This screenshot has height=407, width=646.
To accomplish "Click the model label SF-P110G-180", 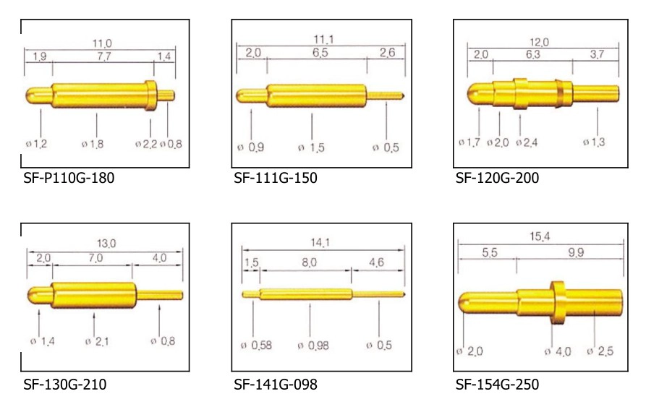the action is pos(69,178).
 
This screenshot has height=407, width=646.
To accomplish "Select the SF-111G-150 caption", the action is pos(276,178).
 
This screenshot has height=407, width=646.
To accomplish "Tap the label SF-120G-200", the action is pos(497,178).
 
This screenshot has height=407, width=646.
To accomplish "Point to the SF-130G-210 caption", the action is pos(65,385).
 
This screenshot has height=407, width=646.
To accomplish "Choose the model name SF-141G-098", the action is pos(276,385).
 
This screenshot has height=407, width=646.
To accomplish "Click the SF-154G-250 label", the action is pos(497,385).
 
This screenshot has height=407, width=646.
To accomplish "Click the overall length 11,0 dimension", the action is pos(102,43).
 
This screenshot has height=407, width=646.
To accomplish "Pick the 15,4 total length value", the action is pos(540,236).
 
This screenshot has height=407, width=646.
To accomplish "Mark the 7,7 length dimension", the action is pos(104,56).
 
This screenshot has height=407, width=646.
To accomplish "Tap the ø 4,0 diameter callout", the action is pos(558,352).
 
